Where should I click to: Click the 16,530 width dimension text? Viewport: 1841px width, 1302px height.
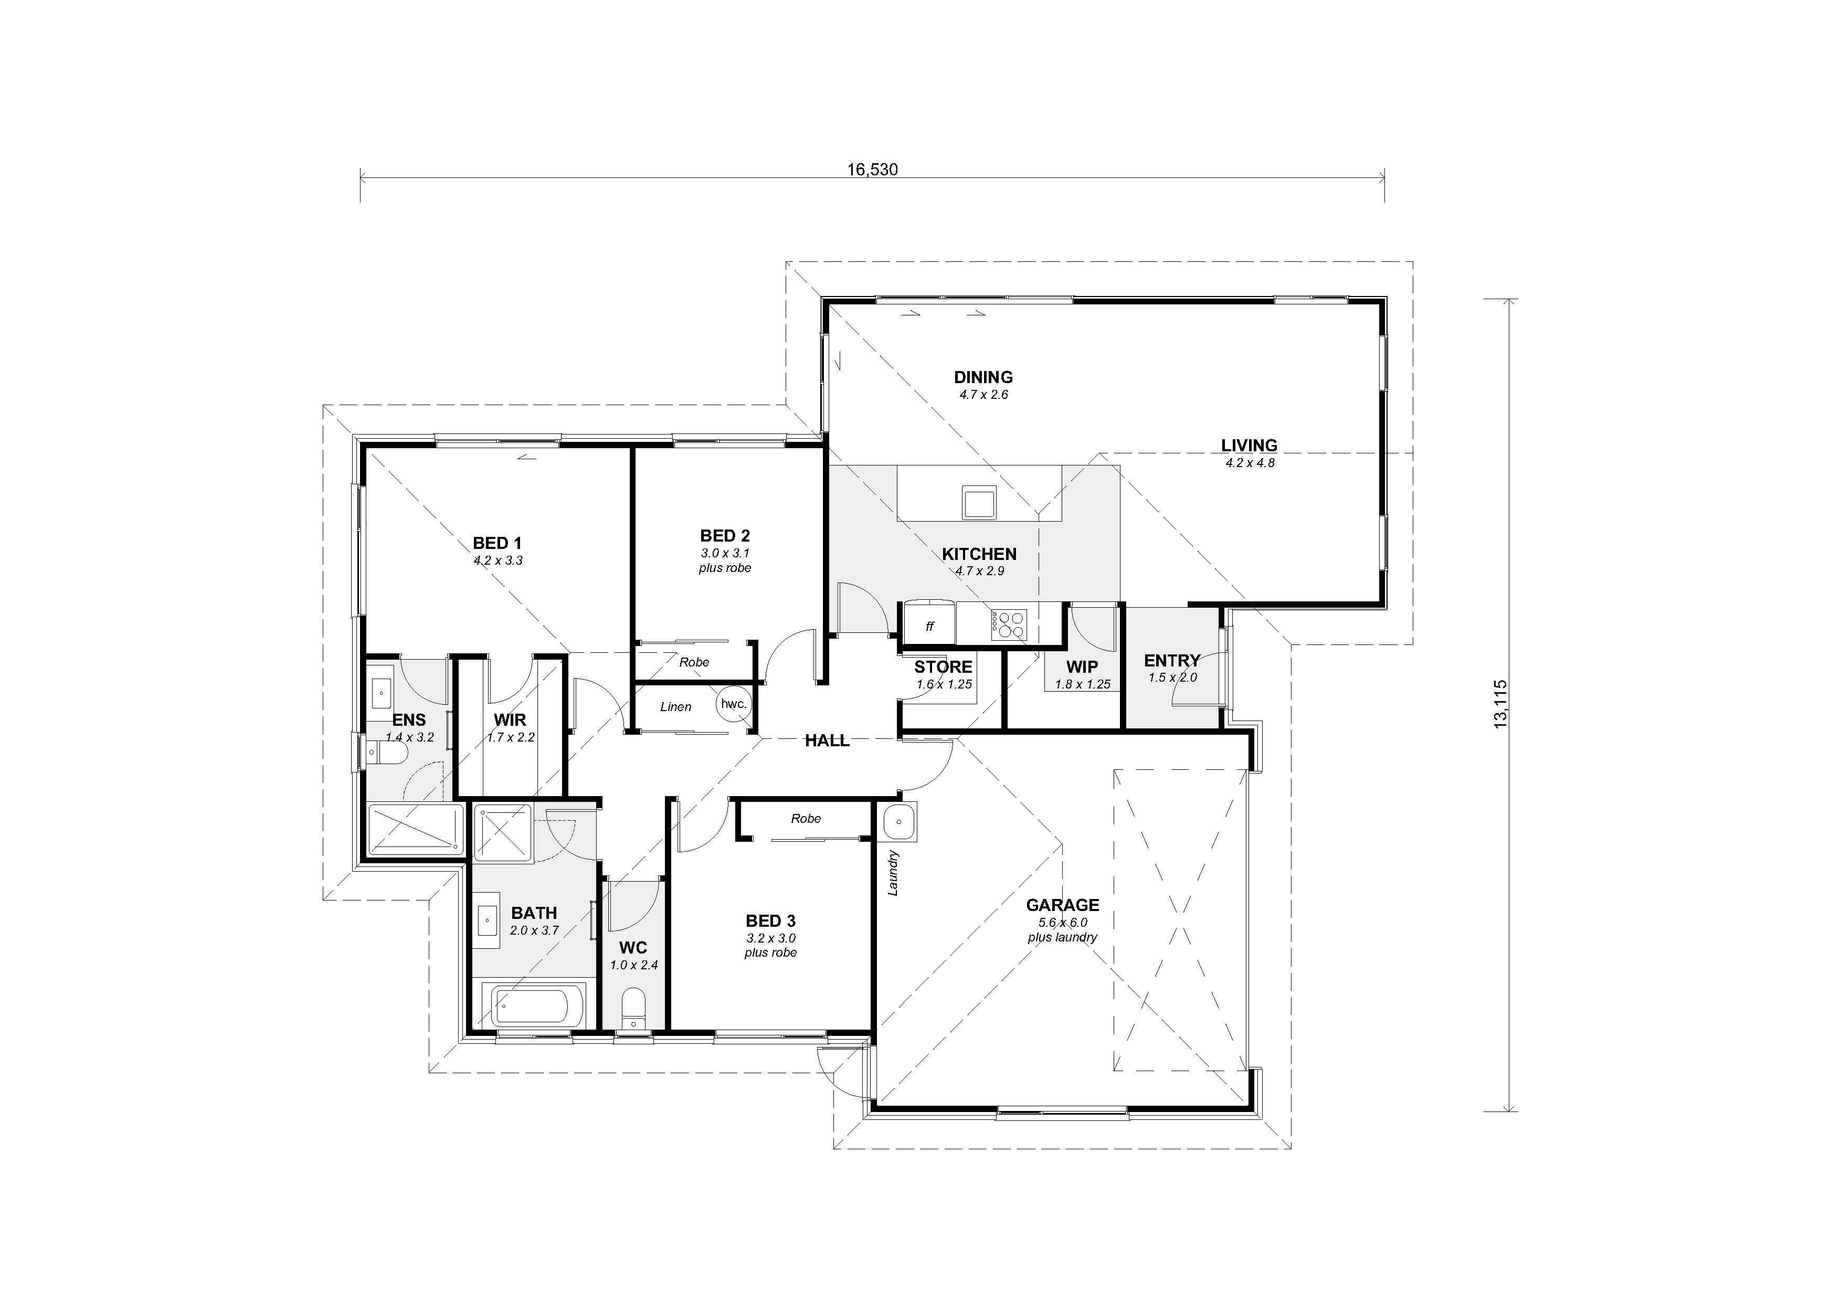[x=872, y=169]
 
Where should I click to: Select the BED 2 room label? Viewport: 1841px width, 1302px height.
[x=725, y=536]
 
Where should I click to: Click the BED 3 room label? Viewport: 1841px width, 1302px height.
[x=770, y=920]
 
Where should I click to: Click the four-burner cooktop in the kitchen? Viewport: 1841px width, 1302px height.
[x=1009, y=624]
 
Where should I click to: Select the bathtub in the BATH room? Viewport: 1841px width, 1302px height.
[x=533, y=1005]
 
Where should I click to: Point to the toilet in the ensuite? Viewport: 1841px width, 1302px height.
[x=386, y=753]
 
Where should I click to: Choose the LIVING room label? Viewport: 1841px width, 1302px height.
[x=1249, y=445]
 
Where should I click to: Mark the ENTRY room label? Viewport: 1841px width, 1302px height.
[x=1172, y=661]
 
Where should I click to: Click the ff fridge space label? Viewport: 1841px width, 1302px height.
[x=929, y=626]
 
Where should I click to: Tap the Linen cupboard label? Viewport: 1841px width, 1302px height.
[x=676, y=706]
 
